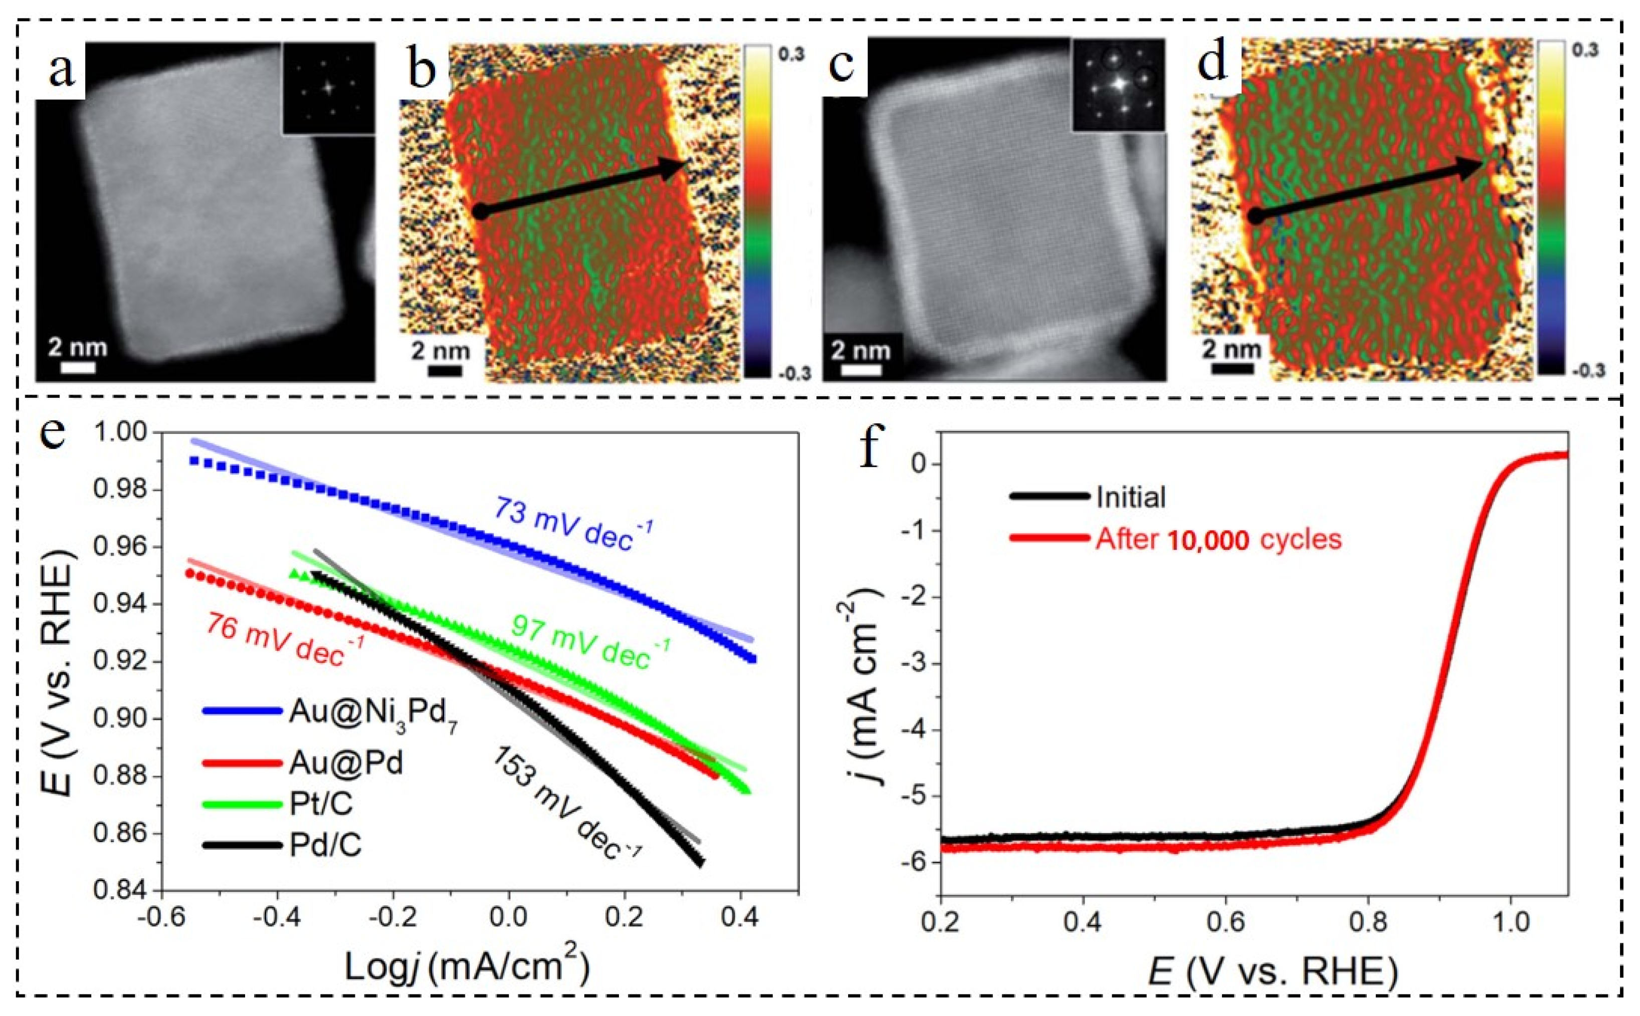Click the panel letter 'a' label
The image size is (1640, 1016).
tap(62, 71)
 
